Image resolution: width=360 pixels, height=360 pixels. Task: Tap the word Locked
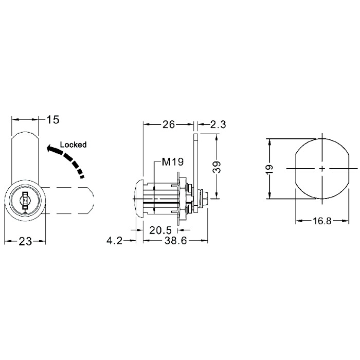click(x=74, y=145)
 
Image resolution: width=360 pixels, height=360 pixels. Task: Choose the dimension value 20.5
click(x=160, y=230)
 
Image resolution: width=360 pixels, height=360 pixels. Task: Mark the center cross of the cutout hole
click(x=321, y=168)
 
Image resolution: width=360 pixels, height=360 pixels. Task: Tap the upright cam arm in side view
click(x=196, y=154)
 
